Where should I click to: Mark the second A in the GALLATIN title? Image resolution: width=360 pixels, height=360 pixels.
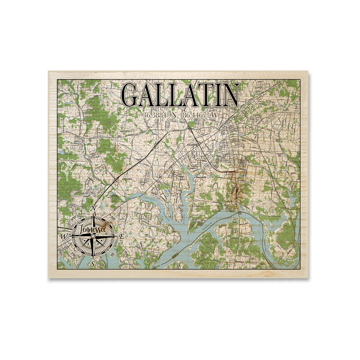pos(184,95)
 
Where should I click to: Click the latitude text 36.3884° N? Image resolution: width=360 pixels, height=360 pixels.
pos(160,115)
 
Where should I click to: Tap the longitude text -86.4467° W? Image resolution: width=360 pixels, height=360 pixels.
pos(199,115)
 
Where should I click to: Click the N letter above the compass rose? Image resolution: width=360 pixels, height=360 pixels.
pos(94,208)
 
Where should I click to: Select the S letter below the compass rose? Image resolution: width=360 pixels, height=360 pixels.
pos(93,264)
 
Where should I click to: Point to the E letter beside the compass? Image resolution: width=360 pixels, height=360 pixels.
pos(121,235)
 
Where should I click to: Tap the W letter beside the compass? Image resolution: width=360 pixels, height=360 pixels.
pos(64,236)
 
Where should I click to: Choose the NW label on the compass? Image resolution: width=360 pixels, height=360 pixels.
pos(73,218)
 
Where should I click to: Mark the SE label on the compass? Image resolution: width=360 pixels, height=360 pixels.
pos(112,255)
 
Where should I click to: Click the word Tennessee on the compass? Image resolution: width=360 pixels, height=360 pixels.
pos(90,229)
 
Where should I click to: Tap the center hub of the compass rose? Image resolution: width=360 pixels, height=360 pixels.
pos(93,236)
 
